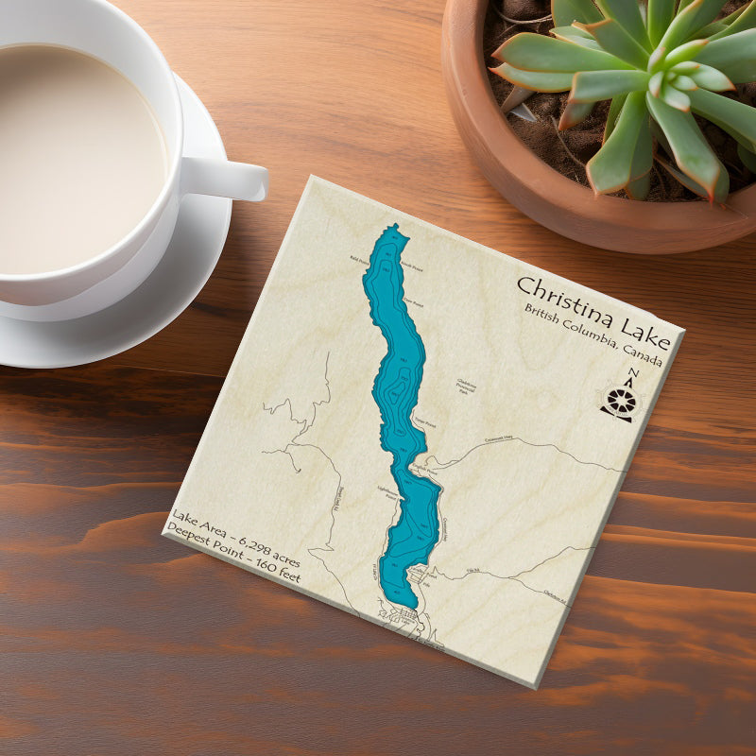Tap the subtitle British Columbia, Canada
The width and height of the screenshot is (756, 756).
point(593,336)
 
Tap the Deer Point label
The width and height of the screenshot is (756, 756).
point(412,303)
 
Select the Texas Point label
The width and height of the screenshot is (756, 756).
point(424,423)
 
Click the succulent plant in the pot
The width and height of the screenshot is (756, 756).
point(643,85)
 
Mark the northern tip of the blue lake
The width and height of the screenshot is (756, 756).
point(396,227)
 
